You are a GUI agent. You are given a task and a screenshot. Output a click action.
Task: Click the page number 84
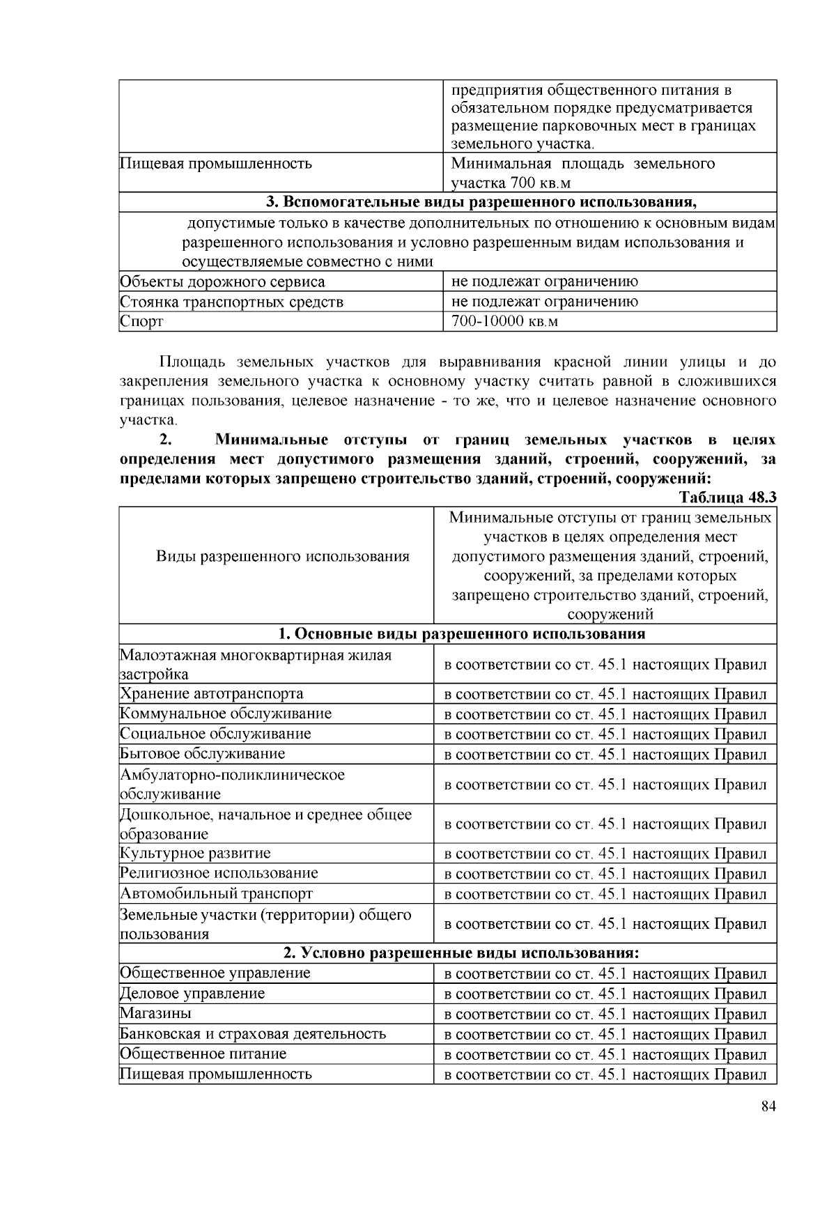tap(768, 1107)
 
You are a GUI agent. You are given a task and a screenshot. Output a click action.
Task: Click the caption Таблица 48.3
tap(727, 498)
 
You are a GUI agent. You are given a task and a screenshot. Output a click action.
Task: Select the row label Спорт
tap(141, 321)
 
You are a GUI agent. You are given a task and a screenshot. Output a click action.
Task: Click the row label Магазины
tap(155, 1013)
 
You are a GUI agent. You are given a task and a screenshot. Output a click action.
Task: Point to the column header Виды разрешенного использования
tap(282, 556)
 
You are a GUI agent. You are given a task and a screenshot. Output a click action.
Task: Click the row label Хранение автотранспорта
tap(212, 693)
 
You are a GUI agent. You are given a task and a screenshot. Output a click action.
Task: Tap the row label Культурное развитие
tap(196, 853)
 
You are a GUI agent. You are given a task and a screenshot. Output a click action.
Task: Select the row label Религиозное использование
tap(219, 873)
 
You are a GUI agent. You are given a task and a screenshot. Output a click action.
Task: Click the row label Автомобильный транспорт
tap(217, 893)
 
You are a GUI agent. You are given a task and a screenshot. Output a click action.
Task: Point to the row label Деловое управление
tap(192, 993)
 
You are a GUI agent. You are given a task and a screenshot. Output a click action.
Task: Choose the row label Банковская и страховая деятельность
tap(253, 1033)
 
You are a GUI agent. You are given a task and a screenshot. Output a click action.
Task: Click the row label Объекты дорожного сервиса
tap(222, 282)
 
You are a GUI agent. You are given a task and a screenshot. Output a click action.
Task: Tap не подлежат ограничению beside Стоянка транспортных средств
tap(544, 302)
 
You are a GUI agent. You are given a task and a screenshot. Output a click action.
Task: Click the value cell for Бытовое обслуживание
tap(605, 754)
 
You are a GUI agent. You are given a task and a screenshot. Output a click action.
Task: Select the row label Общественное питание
tap(203, 1054)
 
